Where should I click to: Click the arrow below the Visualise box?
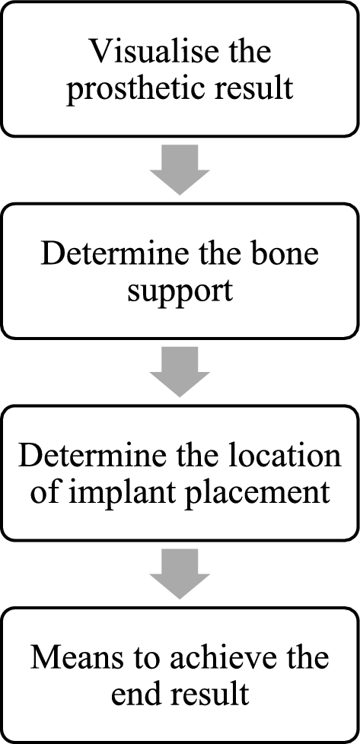(x=180, y=170)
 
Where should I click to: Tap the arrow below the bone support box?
(x=180, y=372)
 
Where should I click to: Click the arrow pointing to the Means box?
(x=180, y=574)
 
